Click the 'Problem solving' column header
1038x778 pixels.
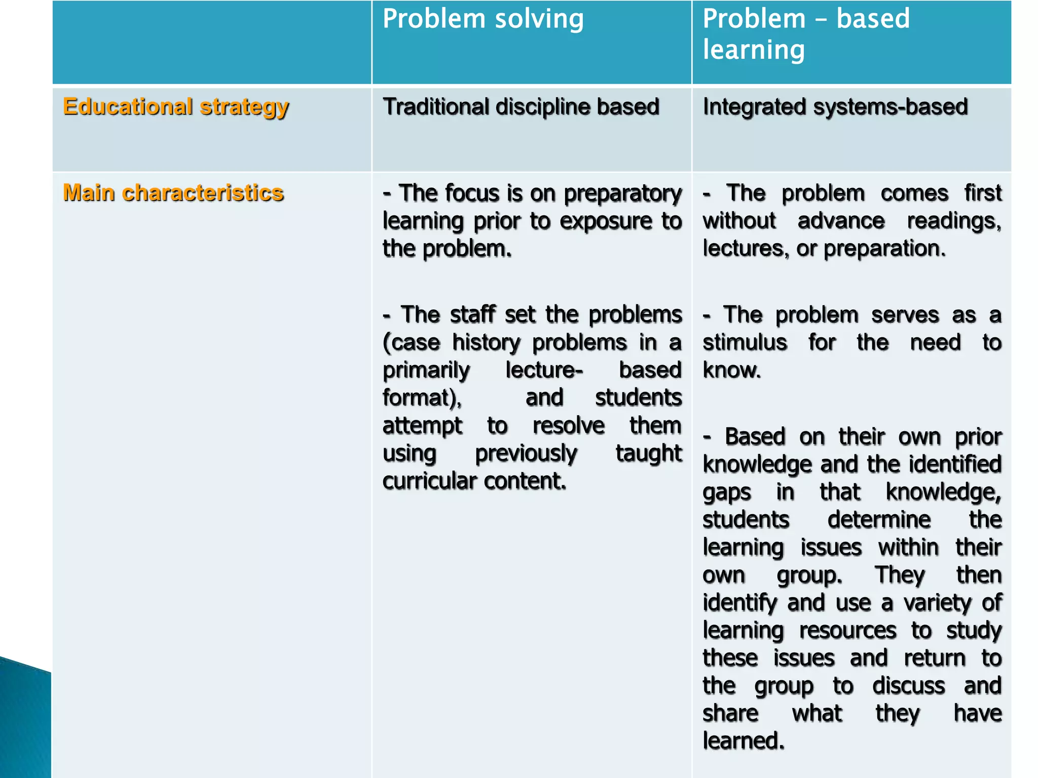click(483, 19)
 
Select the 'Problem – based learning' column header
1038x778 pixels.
click(806, 34)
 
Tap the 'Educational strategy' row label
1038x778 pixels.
click(175, 107)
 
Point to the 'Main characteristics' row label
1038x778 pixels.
click(173, 193)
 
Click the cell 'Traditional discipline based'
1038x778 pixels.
click(521, 107)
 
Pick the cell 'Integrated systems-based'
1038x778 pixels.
click(835, 107)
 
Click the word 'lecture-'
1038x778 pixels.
click(544, 370)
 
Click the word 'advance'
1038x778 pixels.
click(841, 221)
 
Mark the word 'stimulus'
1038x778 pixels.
click(745, 342)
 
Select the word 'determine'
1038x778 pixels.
click(879, 520)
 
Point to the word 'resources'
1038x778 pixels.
click(847, 631)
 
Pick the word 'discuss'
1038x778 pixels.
click(908, 686)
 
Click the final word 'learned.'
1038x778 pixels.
click(743, 741)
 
